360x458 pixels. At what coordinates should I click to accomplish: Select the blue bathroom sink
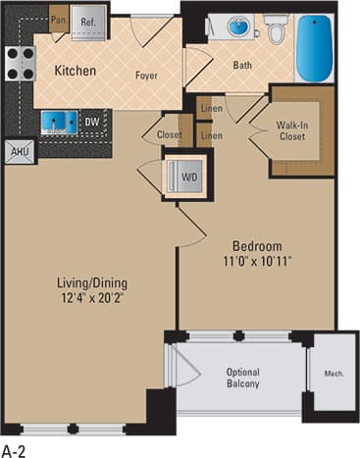(239, 27)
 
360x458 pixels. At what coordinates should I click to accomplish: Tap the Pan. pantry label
(58, 19)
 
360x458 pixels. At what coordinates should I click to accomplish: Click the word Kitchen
(74, 71)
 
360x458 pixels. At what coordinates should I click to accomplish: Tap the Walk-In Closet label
(290, 130)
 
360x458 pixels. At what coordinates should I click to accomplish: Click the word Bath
(242, 67)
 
